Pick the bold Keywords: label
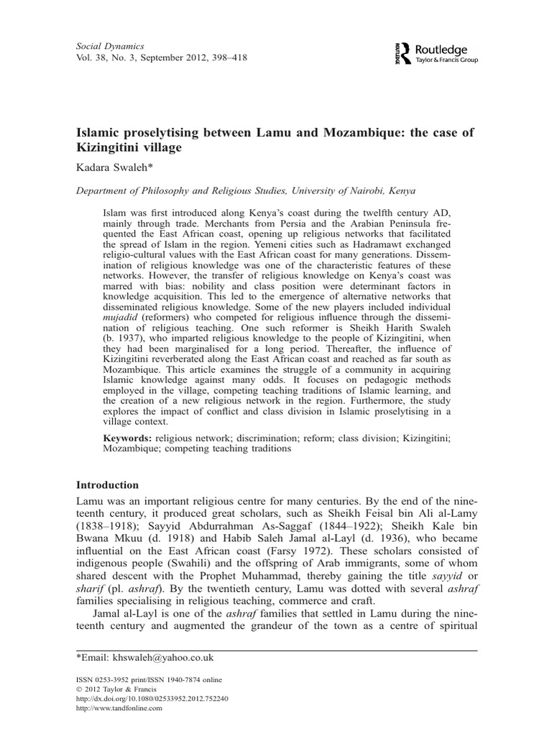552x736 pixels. [x=130, y=437]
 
